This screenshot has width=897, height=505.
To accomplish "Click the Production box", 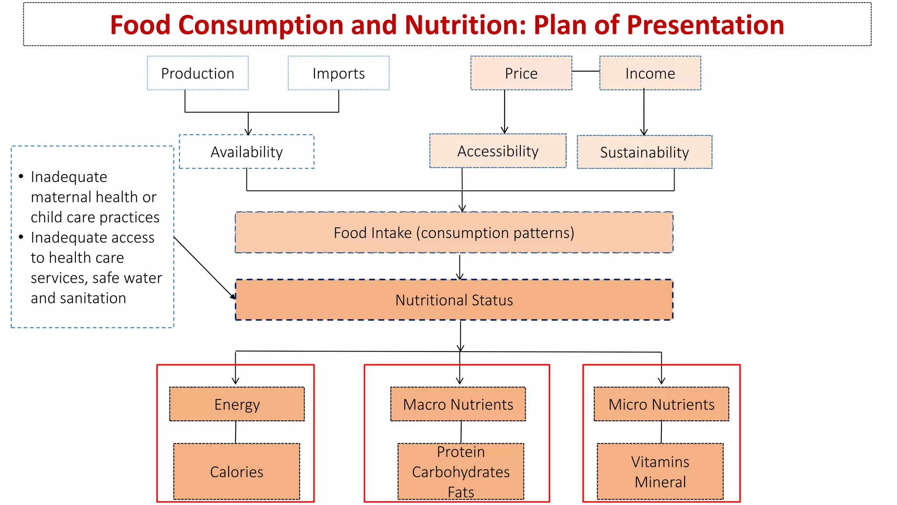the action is tap(198, 73).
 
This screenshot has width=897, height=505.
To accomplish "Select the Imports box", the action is tap(339, 73).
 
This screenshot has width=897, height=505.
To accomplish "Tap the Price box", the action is tap(521, 73).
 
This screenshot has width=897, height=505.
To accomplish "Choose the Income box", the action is tap(650, 73).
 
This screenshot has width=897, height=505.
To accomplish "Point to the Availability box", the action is tap(247, 152).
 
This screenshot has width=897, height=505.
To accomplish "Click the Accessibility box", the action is tap(498, 151).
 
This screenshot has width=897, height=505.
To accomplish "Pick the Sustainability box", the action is tap(644, 152).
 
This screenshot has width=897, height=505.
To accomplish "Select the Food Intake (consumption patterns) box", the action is tap(454, 233).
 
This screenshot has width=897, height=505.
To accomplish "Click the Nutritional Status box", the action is tap(454, 300).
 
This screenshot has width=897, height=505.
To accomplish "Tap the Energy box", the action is tap(237, 404).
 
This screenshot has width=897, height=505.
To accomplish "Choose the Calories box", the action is tap(237, 472).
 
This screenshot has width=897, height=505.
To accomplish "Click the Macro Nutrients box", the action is tap(458, 404).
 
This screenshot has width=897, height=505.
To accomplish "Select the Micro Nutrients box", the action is tap(661, 404).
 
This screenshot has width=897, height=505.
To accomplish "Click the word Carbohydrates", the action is tap(461, 472).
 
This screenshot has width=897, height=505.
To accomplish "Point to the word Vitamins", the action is tap(660, 462).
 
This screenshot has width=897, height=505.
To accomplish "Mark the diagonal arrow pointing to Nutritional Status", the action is tap(205, 268).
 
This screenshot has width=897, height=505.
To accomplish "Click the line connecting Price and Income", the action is tap(586, 71).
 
